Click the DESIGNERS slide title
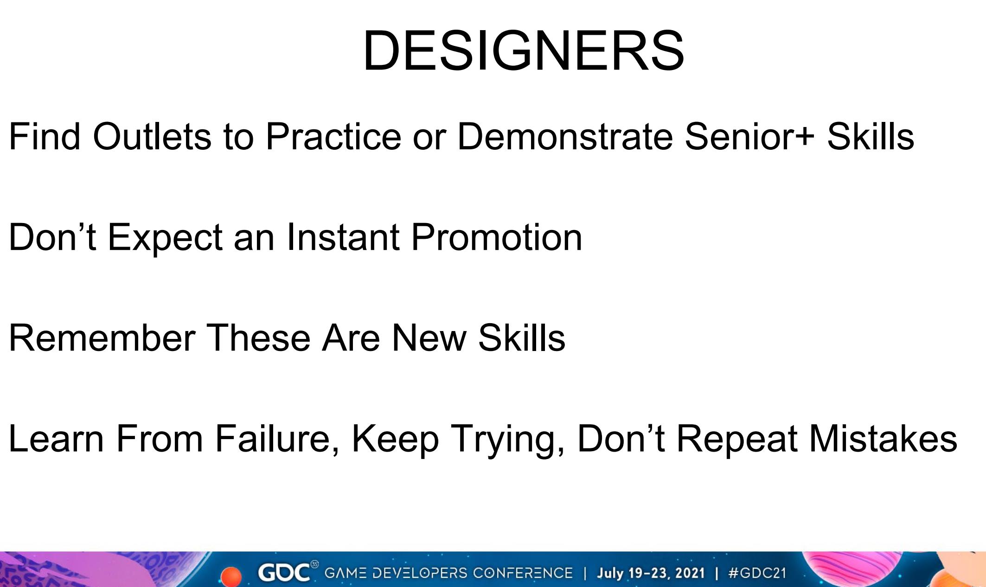coord(523,51)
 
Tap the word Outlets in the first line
coord(152,137)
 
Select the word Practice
coord(333,137)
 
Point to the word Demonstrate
coord(564,137)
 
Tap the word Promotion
coord(497,237)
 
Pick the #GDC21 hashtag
coord(757,573)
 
